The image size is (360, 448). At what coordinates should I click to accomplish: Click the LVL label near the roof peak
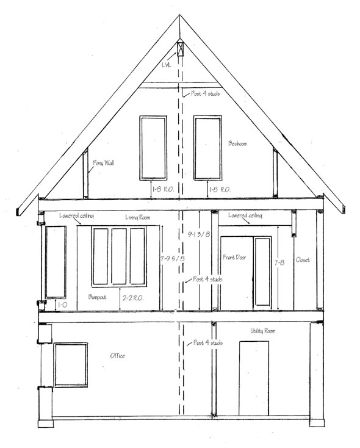(x=167, y=63)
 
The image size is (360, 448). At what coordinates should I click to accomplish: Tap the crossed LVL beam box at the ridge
(x=180, y=48)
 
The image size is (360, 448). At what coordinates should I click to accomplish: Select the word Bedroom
(x=237, y=143)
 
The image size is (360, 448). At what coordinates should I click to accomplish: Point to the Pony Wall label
(x=103, y=163)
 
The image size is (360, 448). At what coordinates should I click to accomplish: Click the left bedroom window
(x=153, y=148)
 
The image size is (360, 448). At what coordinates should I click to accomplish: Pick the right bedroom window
(x=207, y=148)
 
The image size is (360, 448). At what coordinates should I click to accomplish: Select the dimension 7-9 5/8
(x=171, y=259)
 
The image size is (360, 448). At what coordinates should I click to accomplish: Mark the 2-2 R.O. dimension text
(x=133, y=298)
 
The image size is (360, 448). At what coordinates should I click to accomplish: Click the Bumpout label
(x=98, y=297)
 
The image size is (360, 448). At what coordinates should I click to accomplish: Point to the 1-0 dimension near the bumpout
(x=62, y=303)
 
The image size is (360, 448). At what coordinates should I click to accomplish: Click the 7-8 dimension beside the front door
(x=279, y=262)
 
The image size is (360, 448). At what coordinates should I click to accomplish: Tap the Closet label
(x=303, y=260)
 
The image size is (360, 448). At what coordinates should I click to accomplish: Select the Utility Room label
(x=262, y=330)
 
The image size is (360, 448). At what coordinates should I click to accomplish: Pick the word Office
(x=117, y=355)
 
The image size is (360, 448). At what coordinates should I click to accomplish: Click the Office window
(x=70, y=364)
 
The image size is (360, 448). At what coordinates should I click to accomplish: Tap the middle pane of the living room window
(x=119, y=256)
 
